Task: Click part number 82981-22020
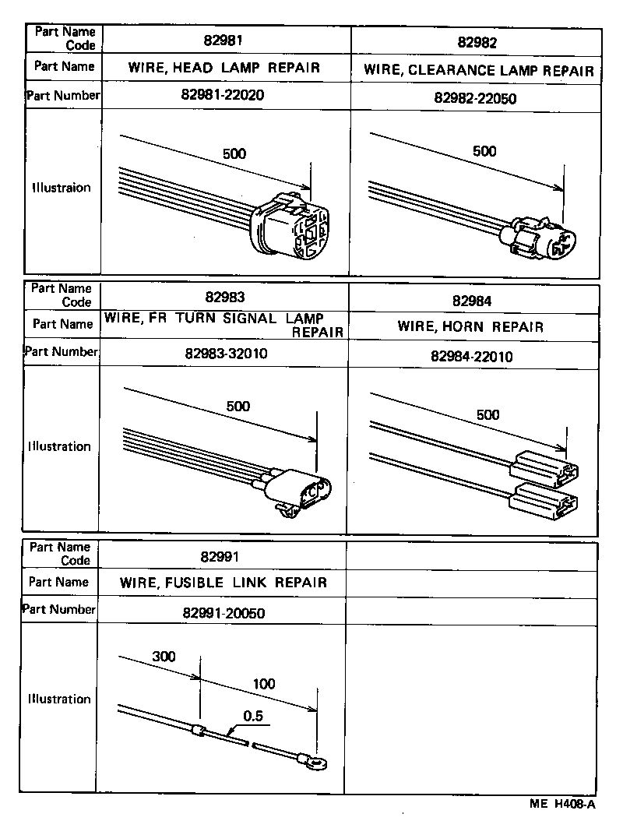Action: coord(225,96)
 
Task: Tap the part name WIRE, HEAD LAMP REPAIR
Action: coord(224,67)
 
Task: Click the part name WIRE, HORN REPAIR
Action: coord(470,326)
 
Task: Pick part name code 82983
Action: coord(225,297)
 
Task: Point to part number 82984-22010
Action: coord(471,356)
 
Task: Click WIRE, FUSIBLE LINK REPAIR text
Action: coord(224,583)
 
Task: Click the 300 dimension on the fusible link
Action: coord(164,657)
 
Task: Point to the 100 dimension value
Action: coord(264,685)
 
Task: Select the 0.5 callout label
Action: coord(252,715)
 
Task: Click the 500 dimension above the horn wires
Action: coord(487,415)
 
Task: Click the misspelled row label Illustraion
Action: coord(61,188)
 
